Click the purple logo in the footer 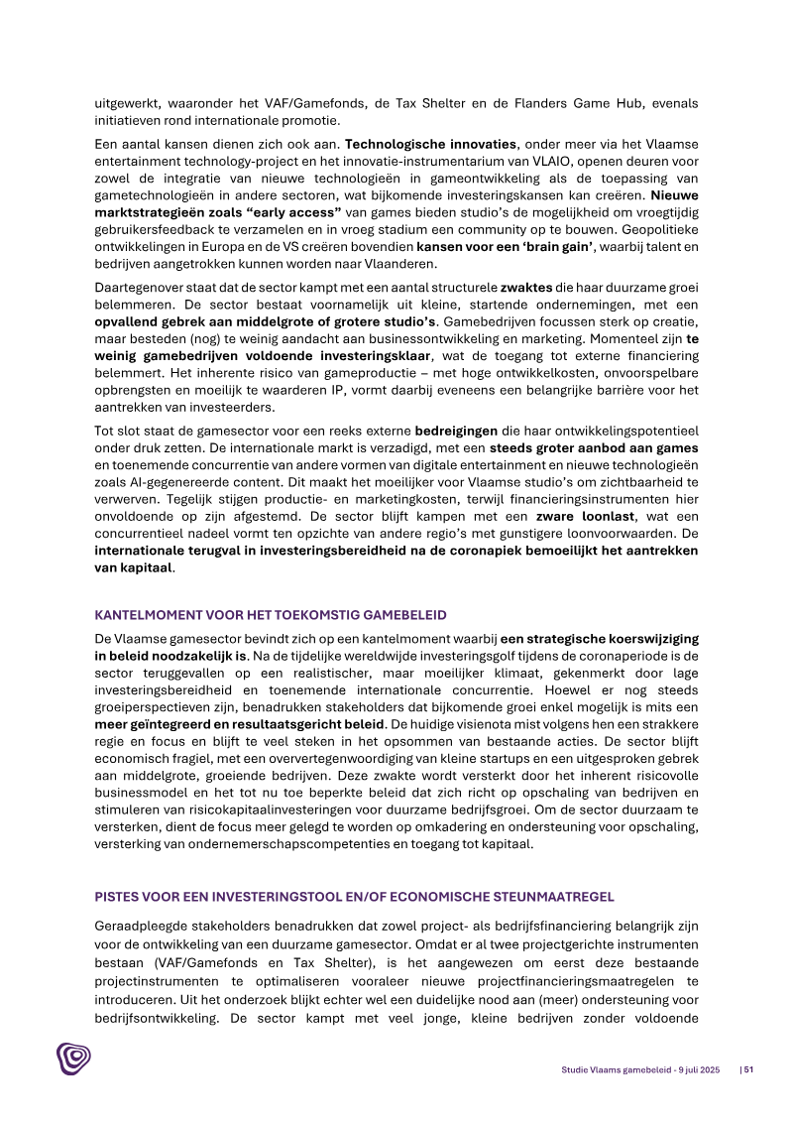(73, 1059)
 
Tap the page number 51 (747, 1069)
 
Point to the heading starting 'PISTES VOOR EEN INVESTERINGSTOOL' (354, 896)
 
